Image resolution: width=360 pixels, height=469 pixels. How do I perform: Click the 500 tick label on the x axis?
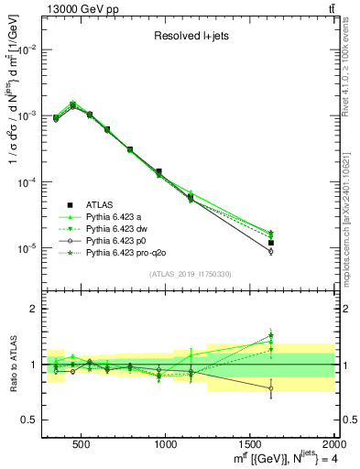click(x=81, y=444)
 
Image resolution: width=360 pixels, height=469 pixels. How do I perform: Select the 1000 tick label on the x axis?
click(x=166, y=444)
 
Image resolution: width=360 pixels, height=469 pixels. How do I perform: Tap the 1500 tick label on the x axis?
click(x=250, y=444)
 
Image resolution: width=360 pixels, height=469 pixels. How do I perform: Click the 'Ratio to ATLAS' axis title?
click(x=12, y=364)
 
